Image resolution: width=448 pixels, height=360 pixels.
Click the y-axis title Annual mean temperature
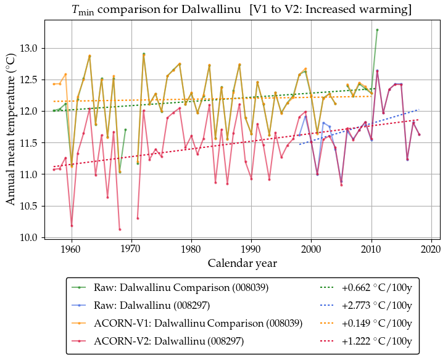(x=10, y=128)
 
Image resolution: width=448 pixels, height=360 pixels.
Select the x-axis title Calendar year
(x=242, y=263)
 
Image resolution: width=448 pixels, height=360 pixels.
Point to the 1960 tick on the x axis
(x=72, y=249)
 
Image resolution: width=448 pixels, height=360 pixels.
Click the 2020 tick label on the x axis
(x=431, y=249)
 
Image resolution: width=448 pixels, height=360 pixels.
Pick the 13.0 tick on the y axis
(x=28, y=48)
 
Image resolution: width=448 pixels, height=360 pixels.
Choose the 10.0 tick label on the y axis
(x=28, y=237)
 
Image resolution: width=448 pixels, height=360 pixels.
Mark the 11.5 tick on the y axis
(x=28, y=142)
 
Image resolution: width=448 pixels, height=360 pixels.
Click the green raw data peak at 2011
(x=377, y=30)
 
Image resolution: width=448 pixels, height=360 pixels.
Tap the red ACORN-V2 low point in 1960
(x=72, y=226)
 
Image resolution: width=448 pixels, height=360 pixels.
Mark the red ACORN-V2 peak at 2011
(x=377, y=71)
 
